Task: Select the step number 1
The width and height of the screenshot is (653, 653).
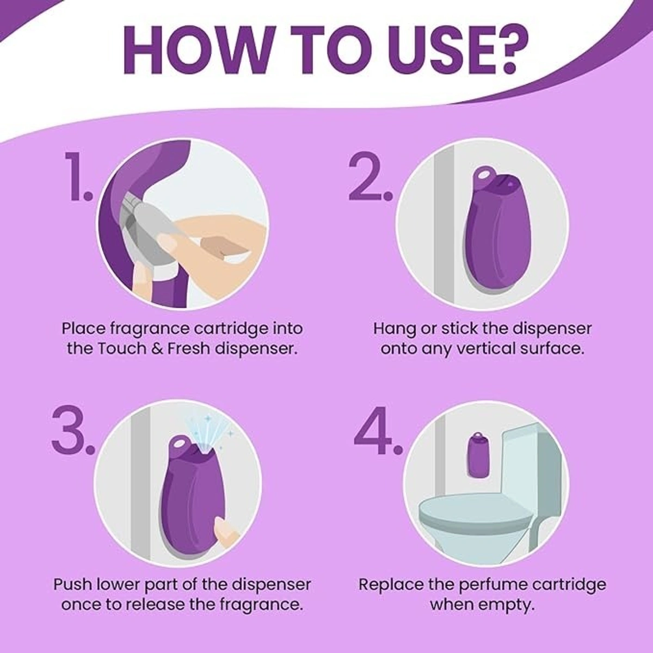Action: pyautogui.click(x=78, y=176)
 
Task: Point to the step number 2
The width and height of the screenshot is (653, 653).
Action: pyautogui.click(x=371, y=176)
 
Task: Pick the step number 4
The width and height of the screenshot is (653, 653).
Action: pyautogui.click(x=378, y=430)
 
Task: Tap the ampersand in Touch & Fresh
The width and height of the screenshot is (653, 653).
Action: pyautogui.click(x=155, y=348)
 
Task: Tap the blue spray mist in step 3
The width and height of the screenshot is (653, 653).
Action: pyautogui.click(x=206, y=431)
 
